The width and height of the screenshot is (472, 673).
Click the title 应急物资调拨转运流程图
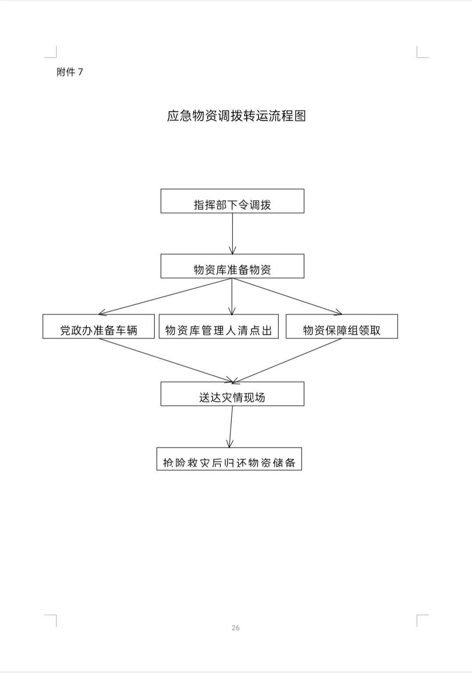237,116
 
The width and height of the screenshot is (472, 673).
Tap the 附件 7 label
70,72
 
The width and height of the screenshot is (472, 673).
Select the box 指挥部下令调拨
232,201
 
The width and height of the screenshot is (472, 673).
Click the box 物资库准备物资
232,266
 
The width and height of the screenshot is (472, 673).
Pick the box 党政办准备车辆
99,326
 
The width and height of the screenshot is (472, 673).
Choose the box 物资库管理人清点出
219,326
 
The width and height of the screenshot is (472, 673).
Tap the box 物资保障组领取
342,326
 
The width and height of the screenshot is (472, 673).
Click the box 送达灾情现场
232,394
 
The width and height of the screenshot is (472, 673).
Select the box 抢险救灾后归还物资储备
229,459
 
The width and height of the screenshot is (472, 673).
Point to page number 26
235,628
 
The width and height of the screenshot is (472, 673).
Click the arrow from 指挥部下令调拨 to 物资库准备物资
233,234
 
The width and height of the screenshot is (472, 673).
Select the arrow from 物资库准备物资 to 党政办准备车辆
165,297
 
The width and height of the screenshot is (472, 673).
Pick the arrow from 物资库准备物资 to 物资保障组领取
287,297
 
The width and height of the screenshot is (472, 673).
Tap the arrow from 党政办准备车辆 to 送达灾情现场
166,360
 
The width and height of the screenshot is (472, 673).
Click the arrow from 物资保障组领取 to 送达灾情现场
287,361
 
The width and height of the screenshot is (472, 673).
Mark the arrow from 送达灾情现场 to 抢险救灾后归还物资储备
231,427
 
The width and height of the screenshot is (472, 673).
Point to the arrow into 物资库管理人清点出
232,297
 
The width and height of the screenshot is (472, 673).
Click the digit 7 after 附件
80,72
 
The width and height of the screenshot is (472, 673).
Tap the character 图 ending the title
300,116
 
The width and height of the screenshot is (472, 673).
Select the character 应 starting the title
173,116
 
